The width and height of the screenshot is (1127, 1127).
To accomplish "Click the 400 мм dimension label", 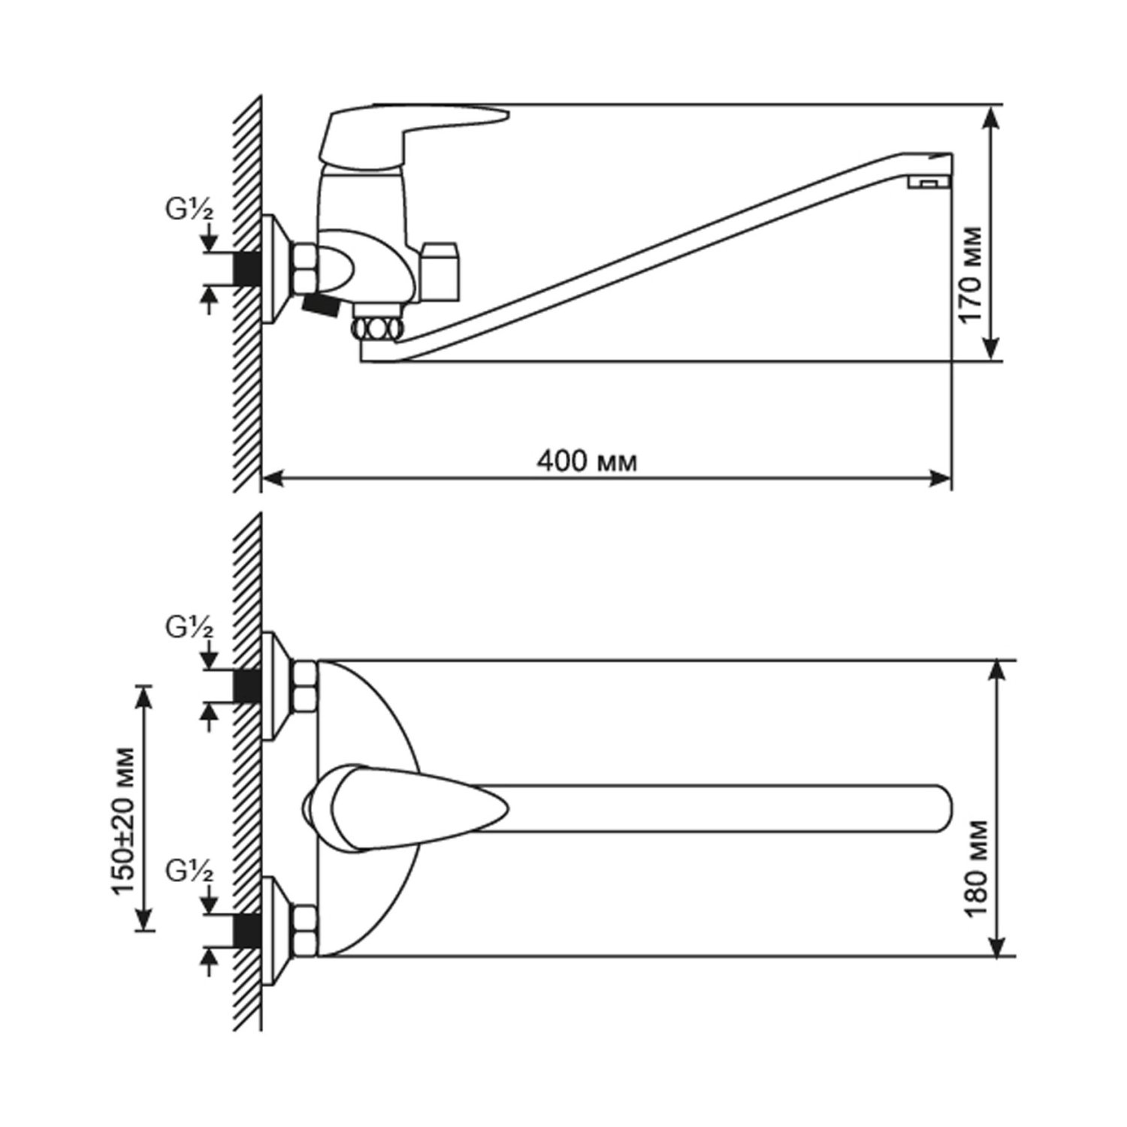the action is [587, 460].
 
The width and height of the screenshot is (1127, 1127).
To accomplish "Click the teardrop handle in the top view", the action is [406, 808].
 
